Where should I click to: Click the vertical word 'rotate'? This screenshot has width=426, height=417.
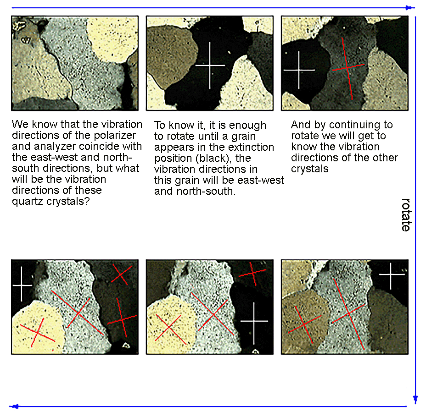[x=406, y=215]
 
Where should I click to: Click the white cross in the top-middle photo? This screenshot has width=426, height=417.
[x=210, y=66]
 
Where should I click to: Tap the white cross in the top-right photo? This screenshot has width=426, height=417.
[x=299, y=70]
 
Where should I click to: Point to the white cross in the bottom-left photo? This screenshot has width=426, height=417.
[x=22, y=285]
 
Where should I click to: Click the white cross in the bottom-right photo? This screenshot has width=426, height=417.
[x=391, y=274]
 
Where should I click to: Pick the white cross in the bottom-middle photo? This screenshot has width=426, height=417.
[x=254, y=321]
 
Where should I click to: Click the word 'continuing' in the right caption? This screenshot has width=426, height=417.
[x=354, y=125]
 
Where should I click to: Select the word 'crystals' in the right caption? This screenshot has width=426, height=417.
[x=310, y=169]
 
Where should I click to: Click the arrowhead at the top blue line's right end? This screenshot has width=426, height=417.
[x=409, y=8]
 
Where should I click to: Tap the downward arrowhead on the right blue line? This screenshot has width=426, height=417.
[x=415, y=399]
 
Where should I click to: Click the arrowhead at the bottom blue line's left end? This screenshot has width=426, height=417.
[x=15, y=406]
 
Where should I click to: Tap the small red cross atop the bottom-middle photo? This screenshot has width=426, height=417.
[x=252, y=273]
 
